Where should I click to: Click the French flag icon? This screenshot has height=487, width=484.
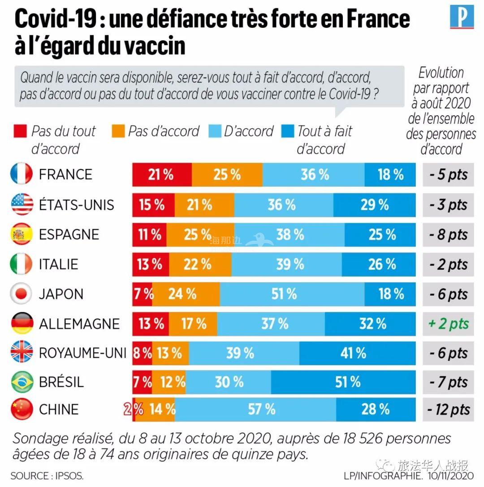pyautogui.click(x=22, y=174)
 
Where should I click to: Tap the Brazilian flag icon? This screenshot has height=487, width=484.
pyautogui.click(x=22, y=382)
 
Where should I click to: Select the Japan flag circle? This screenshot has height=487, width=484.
pyautogui.click(x=22, y=294)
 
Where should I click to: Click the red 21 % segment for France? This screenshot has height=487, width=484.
pyautogui.click(x=162, y=174)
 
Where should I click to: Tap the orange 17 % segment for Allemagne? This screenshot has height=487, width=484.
pyautogui.click(x=193, y=323)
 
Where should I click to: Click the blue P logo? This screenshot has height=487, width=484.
pyautogui.click(x=462, y=17)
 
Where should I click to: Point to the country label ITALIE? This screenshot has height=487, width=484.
pyautogui.click(x=58, y=264)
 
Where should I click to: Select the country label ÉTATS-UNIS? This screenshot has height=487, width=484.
pyautogui.click(x=76, y=205)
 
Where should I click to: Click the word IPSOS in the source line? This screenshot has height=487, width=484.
pyautogui.click(x=70, y=475)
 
